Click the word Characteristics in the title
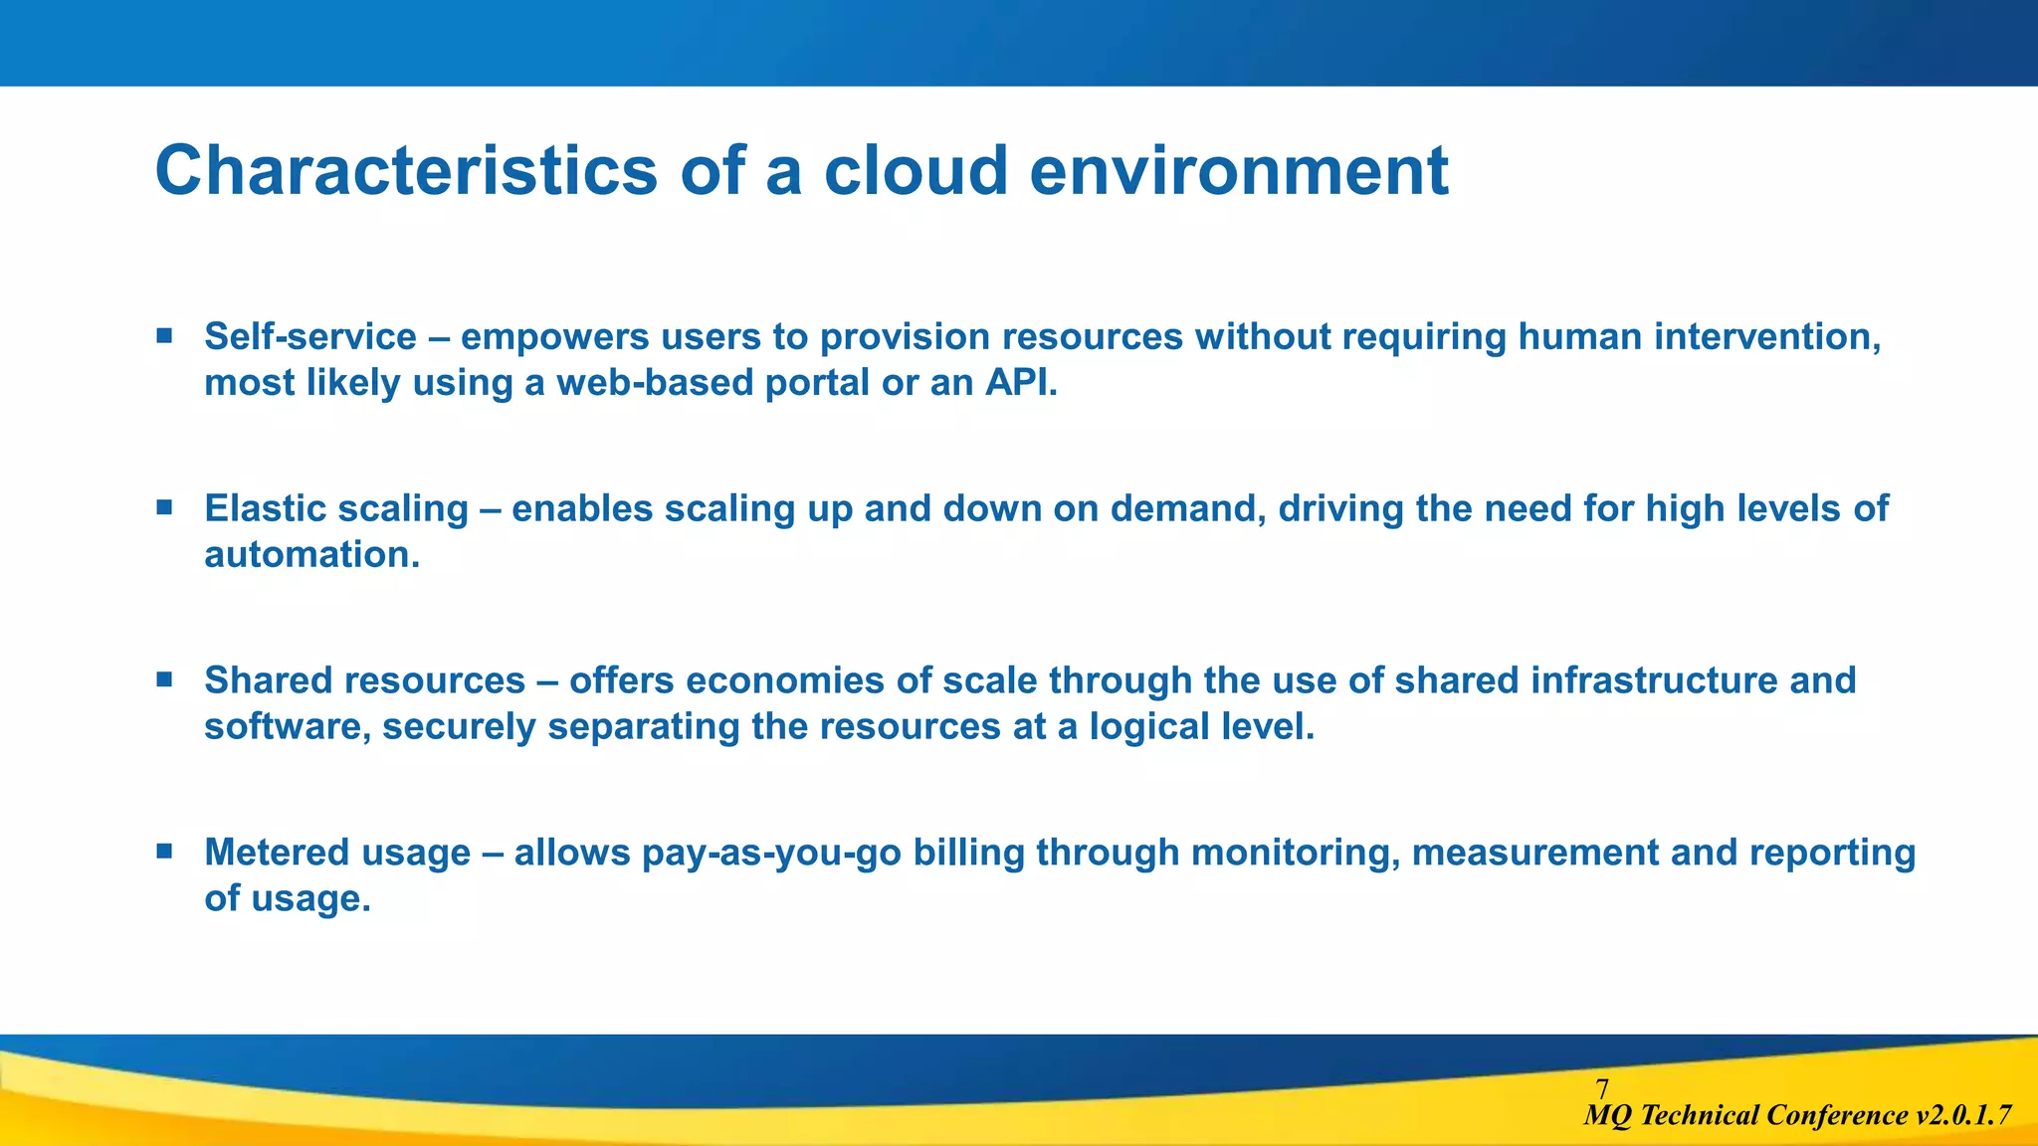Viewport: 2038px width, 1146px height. pos(406,171)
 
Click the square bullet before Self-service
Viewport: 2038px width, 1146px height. pos(165,336)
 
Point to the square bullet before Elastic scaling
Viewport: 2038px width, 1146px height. pos(165,508)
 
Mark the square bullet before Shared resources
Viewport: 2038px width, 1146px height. pos(165,680)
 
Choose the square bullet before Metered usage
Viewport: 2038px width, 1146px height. pos(165,852)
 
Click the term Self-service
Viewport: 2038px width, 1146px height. pos(310,337)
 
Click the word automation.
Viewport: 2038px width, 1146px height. pos(311,555)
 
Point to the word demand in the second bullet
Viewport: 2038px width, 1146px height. pos(1188,509)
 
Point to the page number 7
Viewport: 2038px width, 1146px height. pos(1601,1089)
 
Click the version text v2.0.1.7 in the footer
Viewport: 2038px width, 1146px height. pos(1962,1116)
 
